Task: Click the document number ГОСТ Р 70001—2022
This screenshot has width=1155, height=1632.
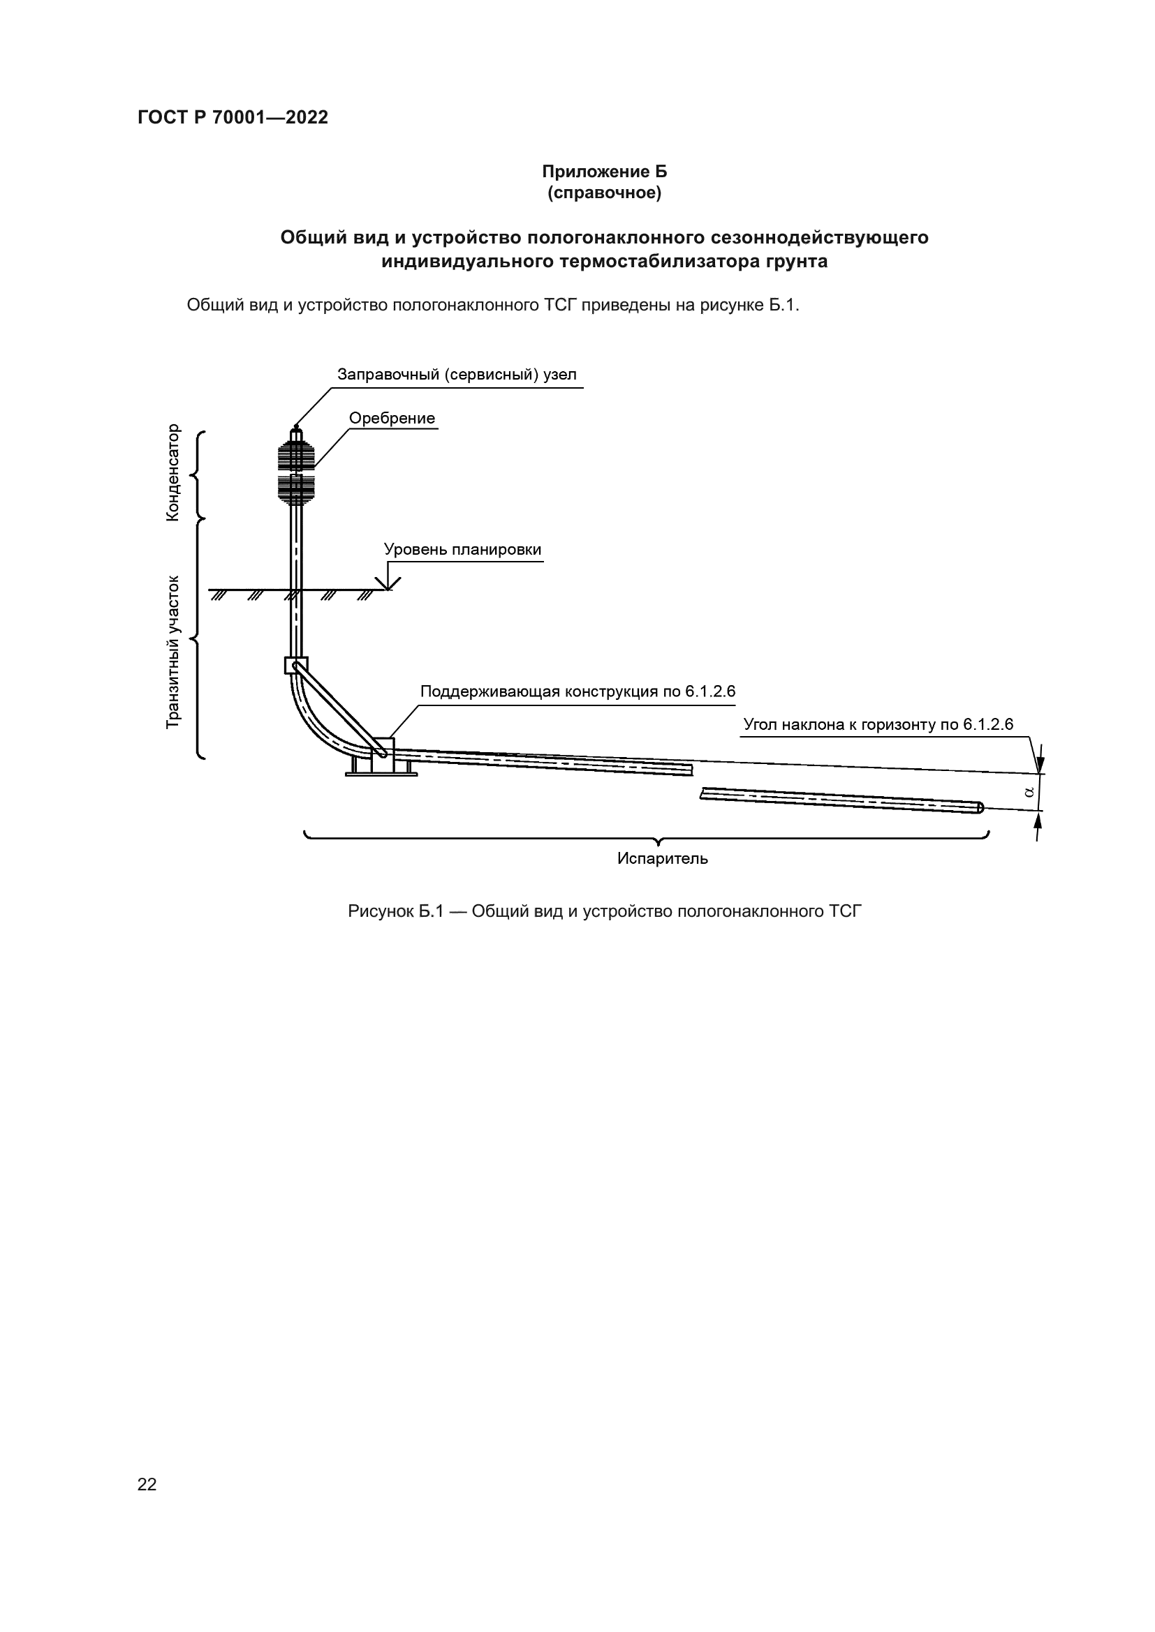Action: (233, 118)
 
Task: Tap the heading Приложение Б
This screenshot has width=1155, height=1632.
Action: (604, 172)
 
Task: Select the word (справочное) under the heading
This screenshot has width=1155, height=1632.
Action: (604, 193)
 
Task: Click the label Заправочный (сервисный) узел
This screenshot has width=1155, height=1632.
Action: (457, 375)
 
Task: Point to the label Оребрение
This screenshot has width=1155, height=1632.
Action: (392, 418)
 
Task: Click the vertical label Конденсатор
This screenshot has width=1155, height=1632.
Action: (172, 472)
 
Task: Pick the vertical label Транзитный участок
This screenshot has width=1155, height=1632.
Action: (172, 652)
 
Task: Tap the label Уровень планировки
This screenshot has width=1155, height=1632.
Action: (462, 549)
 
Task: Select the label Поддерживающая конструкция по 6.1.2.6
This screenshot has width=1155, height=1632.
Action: (577, 691)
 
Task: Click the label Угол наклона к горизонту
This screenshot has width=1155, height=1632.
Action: (878, 725)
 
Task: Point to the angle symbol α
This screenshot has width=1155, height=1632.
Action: (1029, 791)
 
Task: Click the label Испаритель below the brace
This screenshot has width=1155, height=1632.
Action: (662, 859)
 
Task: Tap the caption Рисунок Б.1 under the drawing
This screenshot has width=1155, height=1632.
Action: (604, 911)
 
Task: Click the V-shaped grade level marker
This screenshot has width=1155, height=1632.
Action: (388, 582)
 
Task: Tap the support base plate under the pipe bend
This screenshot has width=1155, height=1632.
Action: (381, 774)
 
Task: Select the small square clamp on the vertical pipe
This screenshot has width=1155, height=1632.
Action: (296, 666)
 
